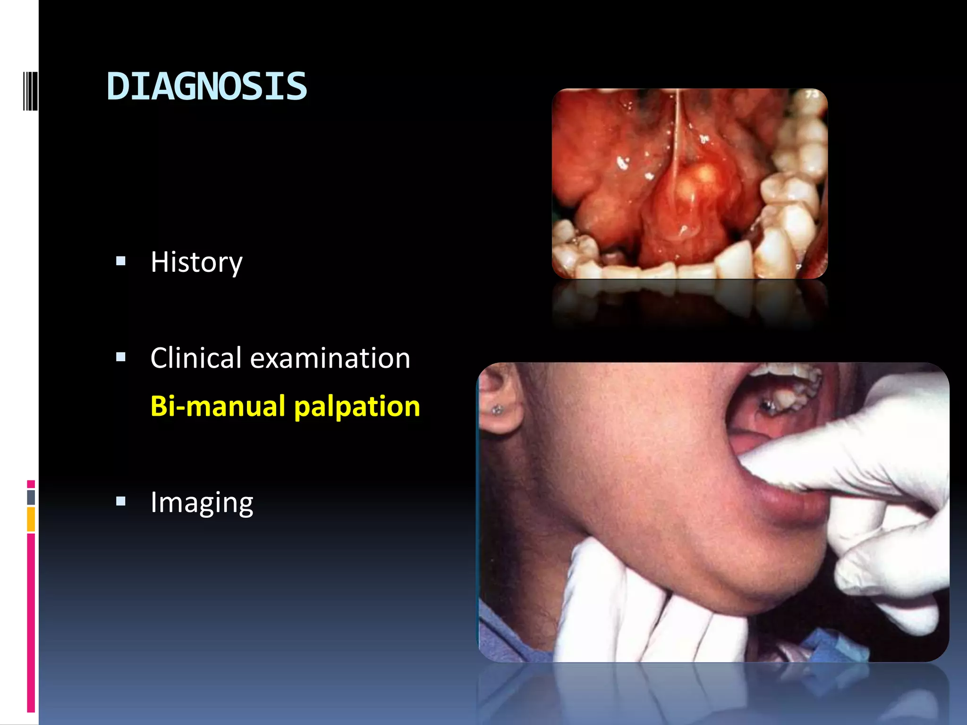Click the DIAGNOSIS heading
(x=207, y=86)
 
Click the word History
(x=196, y=262)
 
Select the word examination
(x=330, y=358)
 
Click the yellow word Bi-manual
(x=218, y=406)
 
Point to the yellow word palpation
(x=357, y=407)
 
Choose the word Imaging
(x=202, y=502)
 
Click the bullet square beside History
(x=121, y=261)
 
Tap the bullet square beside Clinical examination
(x=121, y=357)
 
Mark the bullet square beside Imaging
(x=121, y=501)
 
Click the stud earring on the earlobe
(x=497, y=410)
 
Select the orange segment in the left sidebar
(x=31, y=519)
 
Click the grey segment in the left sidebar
(x=31, y=497)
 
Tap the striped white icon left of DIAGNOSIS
(x=30, y=91)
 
